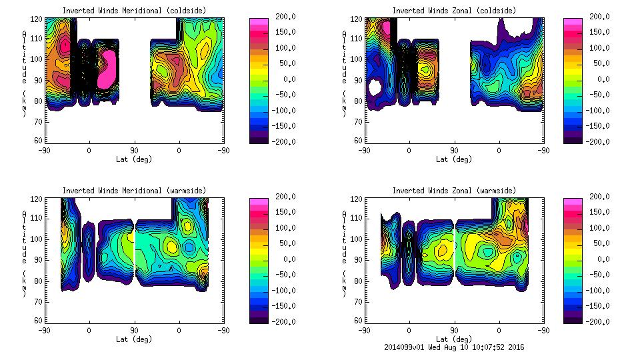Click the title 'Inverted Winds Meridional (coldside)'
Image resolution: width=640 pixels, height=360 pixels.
tap(134, 11)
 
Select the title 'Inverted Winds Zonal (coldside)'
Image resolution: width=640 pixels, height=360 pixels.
tap(454, 11)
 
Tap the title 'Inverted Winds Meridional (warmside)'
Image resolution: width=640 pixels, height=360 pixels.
tap(134, 191)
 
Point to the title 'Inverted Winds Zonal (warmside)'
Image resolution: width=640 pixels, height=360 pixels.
tap(454, 191)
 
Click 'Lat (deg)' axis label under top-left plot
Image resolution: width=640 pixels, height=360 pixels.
tap(134, 159)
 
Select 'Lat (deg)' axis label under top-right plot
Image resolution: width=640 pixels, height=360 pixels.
tap(454, 159)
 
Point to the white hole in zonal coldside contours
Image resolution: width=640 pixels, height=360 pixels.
tap(375, 87)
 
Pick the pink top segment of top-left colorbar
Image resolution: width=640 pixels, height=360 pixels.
tap(259, 24)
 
